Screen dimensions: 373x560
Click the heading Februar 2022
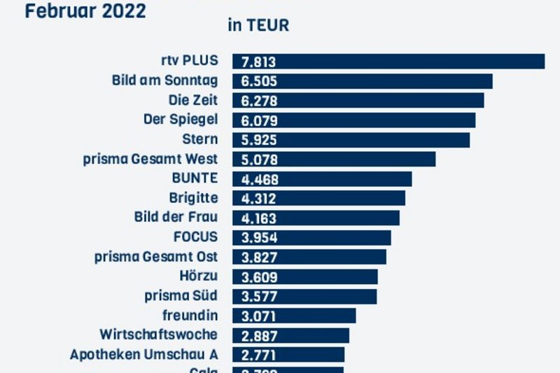tap(85, 11)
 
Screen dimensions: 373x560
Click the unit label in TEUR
tap(258, 26)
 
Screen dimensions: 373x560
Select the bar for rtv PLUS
tap(388, 62)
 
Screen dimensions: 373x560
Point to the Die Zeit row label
tap(193, 100)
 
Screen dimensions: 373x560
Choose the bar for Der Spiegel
tap(353, 120)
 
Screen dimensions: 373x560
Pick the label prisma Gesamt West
tap(150, 159)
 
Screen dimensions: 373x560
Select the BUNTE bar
tap(322, 179)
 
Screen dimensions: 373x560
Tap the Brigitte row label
tap(193, 198)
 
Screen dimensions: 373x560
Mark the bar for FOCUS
tap(311, 237)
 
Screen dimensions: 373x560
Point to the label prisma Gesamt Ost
tap(156, 256)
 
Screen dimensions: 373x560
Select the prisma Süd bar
tap(304, 296)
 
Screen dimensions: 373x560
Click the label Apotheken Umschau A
tap(143, 354)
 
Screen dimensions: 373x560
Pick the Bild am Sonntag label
tap(164, 80)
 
